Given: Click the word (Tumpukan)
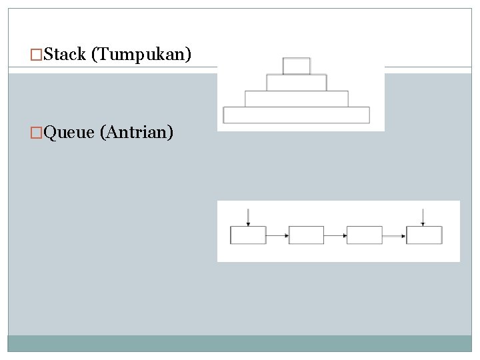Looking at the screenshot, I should pyautogui.click(x=141, y=55).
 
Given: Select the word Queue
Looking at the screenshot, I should pyautogui.click(x=69, y=133).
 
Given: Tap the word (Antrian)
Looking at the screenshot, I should pyautogui.click(x=137, y=133).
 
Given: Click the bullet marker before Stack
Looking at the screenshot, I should pyautogui.click(x=37, y=55).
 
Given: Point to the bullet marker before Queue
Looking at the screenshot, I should pyautogui.click(x=37, y=133).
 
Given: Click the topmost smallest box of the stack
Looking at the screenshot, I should pyautogui.click(x=297, y=66).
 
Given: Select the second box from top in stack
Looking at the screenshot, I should pyautogui.click(x=297, y=83).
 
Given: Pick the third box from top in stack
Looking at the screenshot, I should pyautogui.click(x=297, y=99).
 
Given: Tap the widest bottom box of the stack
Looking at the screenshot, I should pyautogui.click(x=297, y=115).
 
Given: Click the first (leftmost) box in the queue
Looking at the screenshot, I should pyautogui.click(x=248, y=235).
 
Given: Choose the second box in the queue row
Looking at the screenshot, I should pyautogui.click(x=306, y=235).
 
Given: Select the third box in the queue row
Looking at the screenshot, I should pyautogui.click(x=365, y=235).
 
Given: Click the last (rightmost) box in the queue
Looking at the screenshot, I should pyautogui.click(x=424, y=235).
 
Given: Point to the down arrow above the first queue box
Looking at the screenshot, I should pyautogui.click(x=248, y=217).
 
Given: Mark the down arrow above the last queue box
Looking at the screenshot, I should pyautogui.click(x=423, y=217).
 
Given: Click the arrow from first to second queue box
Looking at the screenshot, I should pyautogui.click(x=277, y=235).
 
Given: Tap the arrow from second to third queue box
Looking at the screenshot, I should pyautogui.click(x=335, y=235).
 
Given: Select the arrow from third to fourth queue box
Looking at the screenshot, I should pyautogui.click(x=394, y=235).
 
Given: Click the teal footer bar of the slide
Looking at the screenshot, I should pyautogui.click(x=240, y=343).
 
